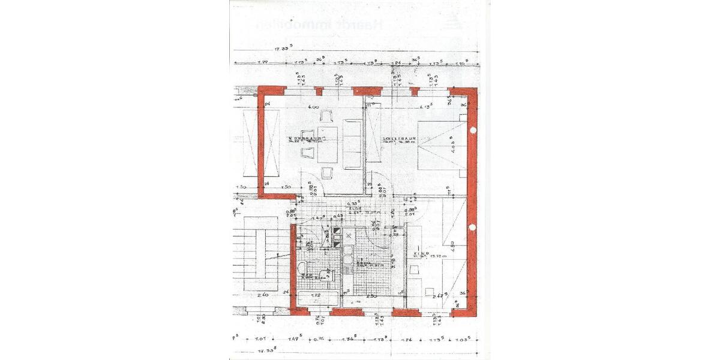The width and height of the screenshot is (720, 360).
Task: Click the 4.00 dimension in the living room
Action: tap(313, 107)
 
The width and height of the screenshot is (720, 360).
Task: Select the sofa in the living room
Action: tap(352, 143)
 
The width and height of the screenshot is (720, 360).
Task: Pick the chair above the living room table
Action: tap(328, 116)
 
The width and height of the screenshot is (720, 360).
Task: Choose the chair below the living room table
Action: tap(328, 173)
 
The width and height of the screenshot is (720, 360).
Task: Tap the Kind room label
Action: tap(420, 254)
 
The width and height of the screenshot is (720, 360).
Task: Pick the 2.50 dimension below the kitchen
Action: tap(372, 296)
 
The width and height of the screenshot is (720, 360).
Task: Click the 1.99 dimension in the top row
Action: tap(262, 62)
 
